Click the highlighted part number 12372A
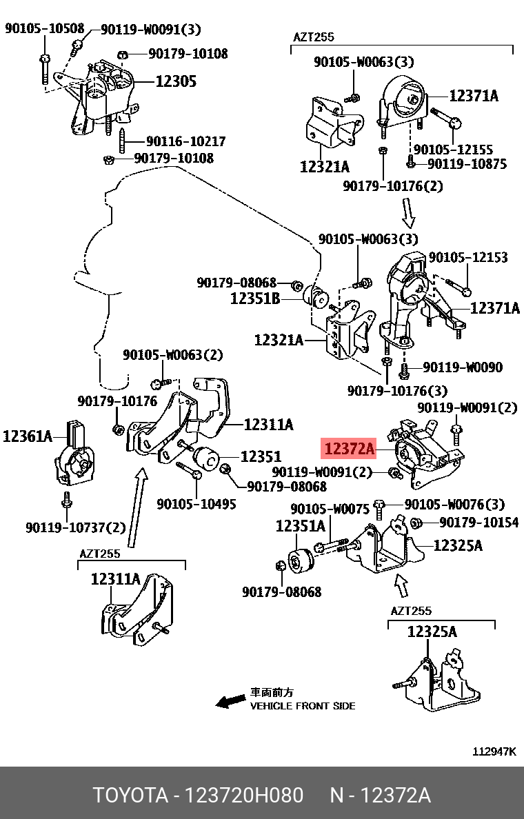[349, 450]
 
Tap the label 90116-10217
[185, 141]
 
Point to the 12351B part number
[255, 299]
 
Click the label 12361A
[28, 436]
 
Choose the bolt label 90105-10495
[196, 504]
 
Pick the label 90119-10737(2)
[76, 527]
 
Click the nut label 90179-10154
[478, 523]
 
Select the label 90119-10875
[467, 164]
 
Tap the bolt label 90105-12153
[468, 257]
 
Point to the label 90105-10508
[44, 29]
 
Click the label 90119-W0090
[463, 367]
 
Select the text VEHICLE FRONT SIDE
[303, 706]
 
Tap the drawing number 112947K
[494, 751]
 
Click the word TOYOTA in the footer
[131, 796]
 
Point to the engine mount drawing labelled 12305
[107, 93]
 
